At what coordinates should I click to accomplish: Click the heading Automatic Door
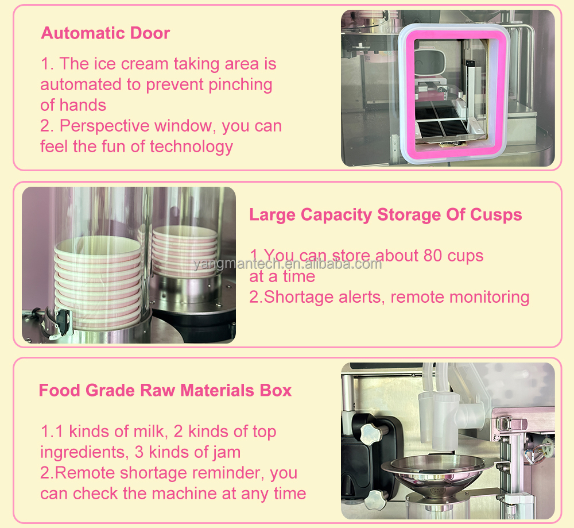[x=106, y=33]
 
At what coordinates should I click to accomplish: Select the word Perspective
[x=104, y=126]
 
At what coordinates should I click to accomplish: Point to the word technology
[x=191, y=147]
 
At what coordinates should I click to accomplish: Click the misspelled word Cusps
[x=496, y=215]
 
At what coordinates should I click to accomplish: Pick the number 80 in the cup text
[x=433, y=256]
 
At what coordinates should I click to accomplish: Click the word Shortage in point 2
[x=299, y=297]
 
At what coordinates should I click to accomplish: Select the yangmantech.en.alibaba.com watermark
[x=288, y=264]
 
